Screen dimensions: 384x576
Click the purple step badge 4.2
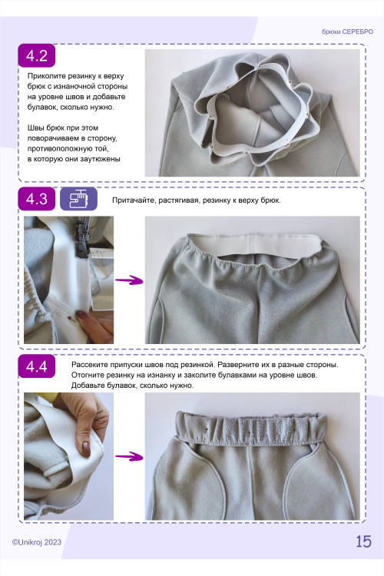(37, 55)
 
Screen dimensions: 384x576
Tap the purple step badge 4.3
(37, 199)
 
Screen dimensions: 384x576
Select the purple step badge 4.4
(37, 366)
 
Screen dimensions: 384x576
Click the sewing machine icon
(78, 199)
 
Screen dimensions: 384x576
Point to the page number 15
(363, 541)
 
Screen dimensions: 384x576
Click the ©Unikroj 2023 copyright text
(37, 542)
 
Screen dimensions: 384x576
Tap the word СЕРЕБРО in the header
(358, 31)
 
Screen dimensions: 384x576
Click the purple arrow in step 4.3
(129, 281)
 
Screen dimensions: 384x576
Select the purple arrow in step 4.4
(129, 457)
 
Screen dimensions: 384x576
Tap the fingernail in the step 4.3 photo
(81, 314)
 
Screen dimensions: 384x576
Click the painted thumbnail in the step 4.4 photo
(86, 449)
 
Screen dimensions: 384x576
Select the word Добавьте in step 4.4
(88, 386)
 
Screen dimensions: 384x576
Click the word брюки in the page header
(331, 32)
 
